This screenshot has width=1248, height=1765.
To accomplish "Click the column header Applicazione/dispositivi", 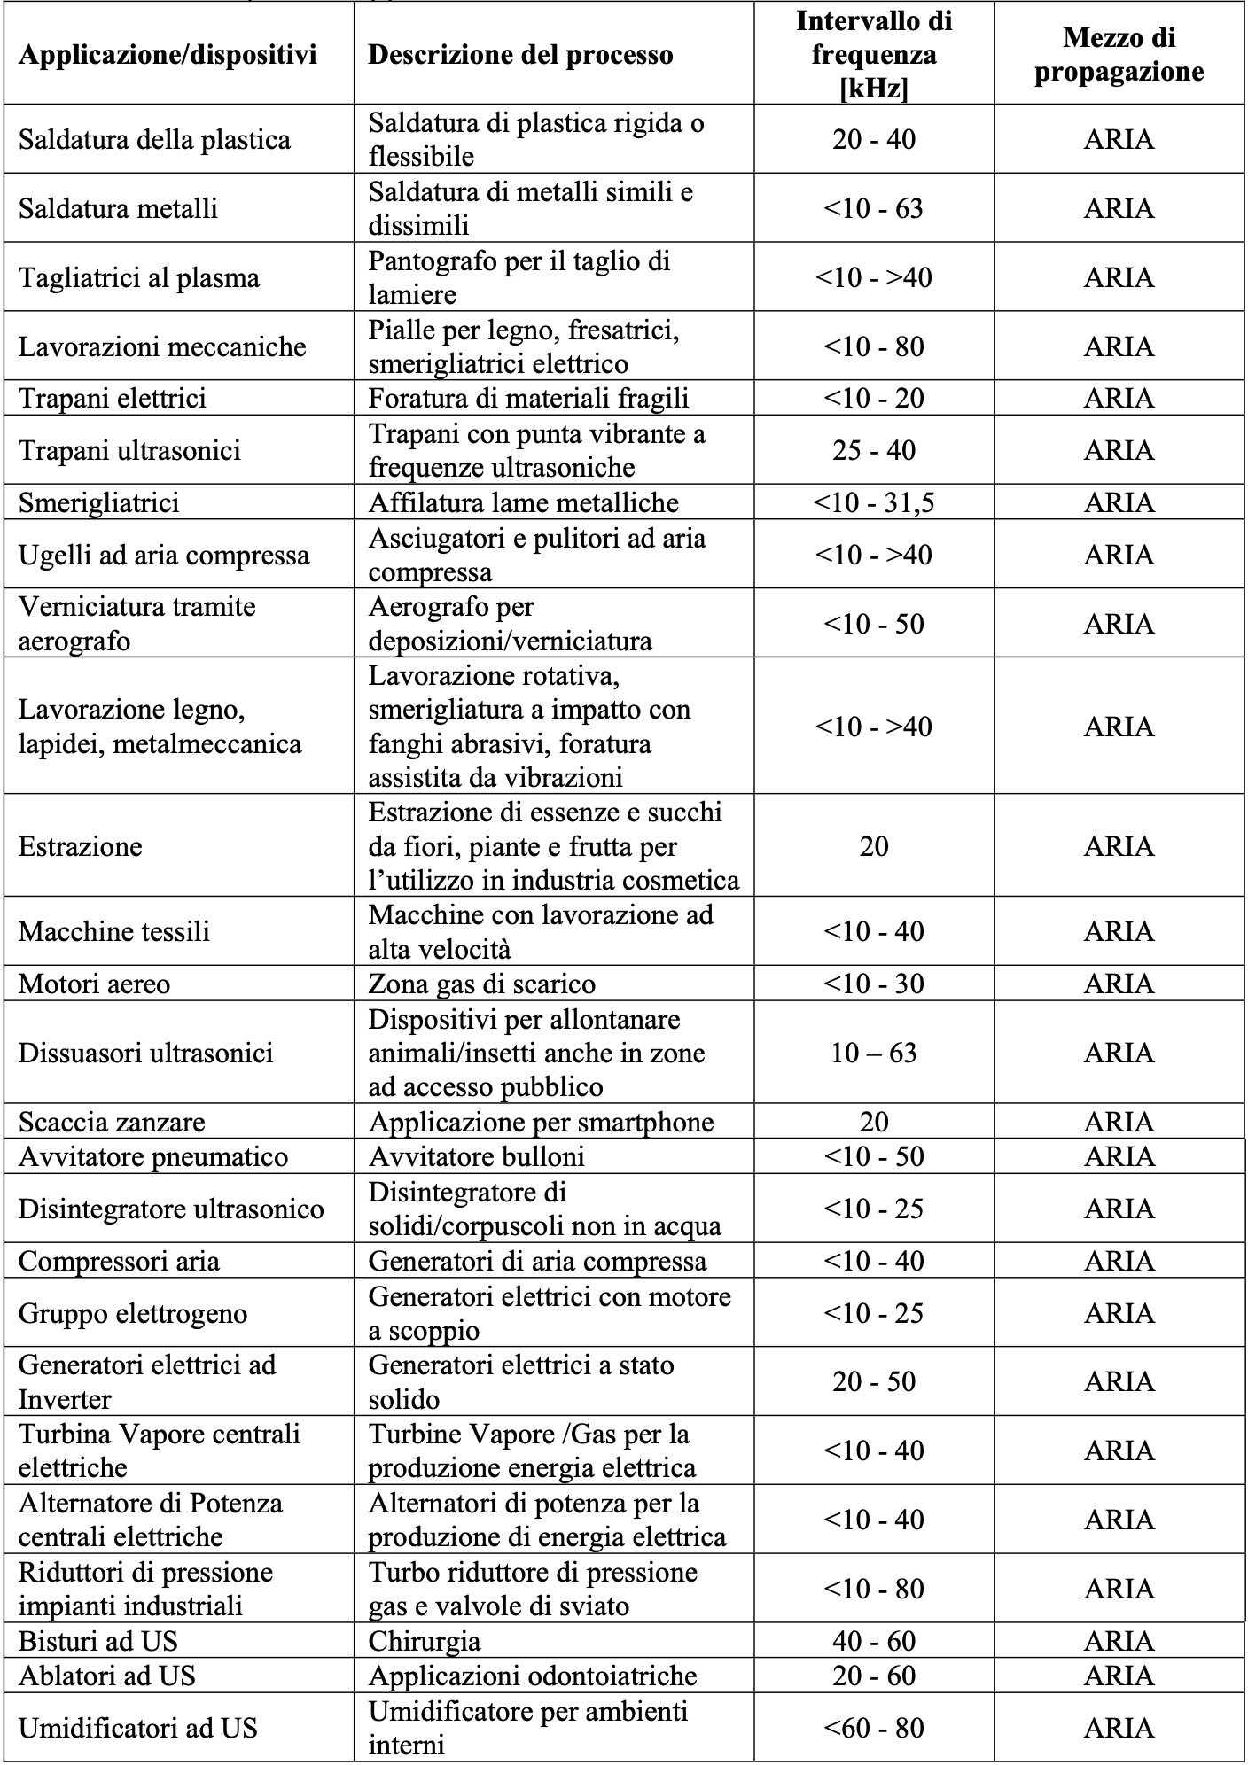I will [168, 55].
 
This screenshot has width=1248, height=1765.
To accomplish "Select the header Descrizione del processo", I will [520, 55].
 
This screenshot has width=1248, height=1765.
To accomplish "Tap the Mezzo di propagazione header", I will [1119, 55].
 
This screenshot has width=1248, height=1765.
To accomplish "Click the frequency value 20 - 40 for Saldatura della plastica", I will [873, 139].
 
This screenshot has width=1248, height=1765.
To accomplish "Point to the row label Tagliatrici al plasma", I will [139, 277].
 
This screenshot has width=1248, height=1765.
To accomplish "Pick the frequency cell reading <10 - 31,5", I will [873, 502].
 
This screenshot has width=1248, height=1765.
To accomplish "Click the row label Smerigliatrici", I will [98, 502].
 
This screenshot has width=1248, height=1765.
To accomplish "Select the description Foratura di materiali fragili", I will [528, 398].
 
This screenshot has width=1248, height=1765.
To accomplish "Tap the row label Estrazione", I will [80, 846].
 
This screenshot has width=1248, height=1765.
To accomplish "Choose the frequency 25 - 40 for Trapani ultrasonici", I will [873, 450].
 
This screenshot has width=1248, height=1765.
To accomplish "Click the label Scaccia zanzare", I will [112, 1122].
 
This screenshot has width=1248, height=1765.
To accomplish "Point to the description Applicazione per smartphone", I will [541, 1122].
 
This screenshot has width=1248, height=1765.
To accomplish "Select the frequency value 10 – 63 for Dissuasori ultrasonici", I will [873, 1053].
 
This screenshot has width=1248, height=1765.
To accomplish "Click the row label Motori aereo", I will [94, 984].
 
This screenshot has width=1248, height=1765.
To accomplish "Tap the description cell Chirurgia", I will [425, 1641].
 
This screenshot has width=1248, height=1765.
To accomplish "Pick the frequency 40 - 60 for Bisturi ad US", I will [873, 1641].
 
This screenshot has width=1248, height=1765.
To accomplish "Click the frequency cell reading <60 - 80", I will [873, 1727].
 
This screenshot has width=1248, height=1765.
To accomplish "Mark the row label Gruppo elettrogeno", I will [133, 1312].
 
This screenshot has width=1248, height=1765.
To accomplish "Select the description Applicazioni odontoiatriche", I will [533, 1676].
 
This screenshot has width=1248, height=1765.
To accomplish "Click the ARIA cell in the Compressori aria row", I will [1119, 1261].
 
